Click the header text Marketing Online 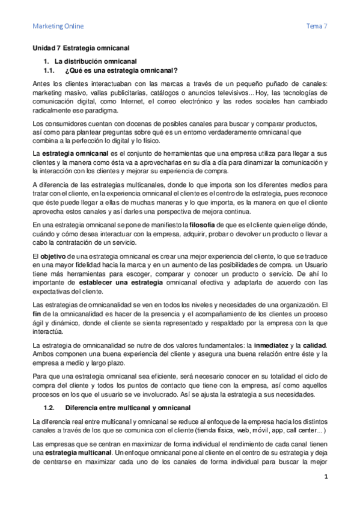click(58, 26)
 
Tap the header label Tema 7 click(317, 26)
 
